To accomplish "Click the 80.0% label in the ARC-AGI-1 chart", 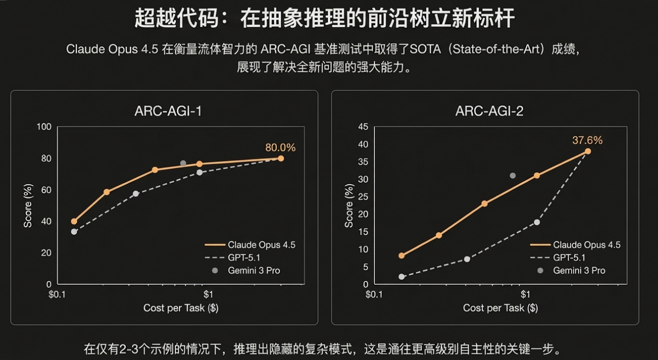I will pyautogui.click(x=280, y=147).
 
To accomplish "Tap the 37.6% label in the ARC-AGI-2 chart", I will pyautogui.click(x=587, y=140).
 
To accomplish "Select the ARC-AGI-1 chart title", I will pyautogui.click(x=164, y=111).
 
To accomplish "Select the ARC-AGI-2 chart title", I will pyautogui.click(x=485, y=111).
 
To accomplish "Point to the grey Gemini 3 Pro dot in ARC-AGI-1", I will pyautogui.click(x=183, y=163).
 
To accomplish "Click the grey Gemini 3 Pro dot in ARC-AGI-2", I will pyautogui.click(x=512, y=175).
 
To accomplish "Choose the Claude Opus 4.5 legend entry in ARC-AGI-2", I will pyautogui.click(x=586, y=245).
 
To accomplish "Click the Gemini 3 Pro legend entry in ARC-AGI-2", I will pyautogui.click(x=579, y=271).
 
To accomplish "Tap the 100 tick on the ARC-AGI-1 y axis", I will pyautogui.click(x=44, y=127).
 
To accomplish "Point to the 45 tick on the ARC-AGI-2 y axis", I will pyautogui.click(x=363, y=127).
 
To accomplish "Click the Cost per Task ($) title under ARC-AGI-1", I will pyautogui.click(x=181, y=308).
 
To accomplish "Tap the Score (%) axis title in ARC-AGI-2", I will pyautogui.click(x=348, y=206).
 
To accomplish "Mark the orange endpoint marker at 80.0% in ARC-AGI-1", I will pyautogui.click(x=281, y=158).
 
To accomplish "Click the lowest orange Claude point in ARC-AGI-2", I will pyautogui.click(x=402, y=256).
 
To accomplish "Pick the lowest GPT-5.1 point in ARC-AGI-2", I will pyautogui.click(x=402, y=276).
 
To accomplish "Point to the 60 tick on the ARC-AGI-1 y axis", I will pyautogui.click(x=46, y=189).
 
